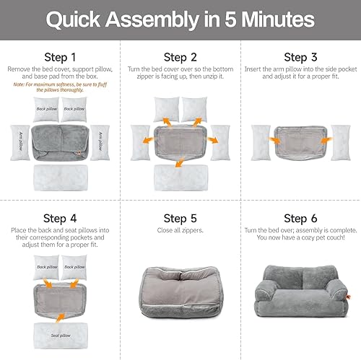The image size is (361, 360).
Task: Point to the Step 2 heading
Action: point(180,57)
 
